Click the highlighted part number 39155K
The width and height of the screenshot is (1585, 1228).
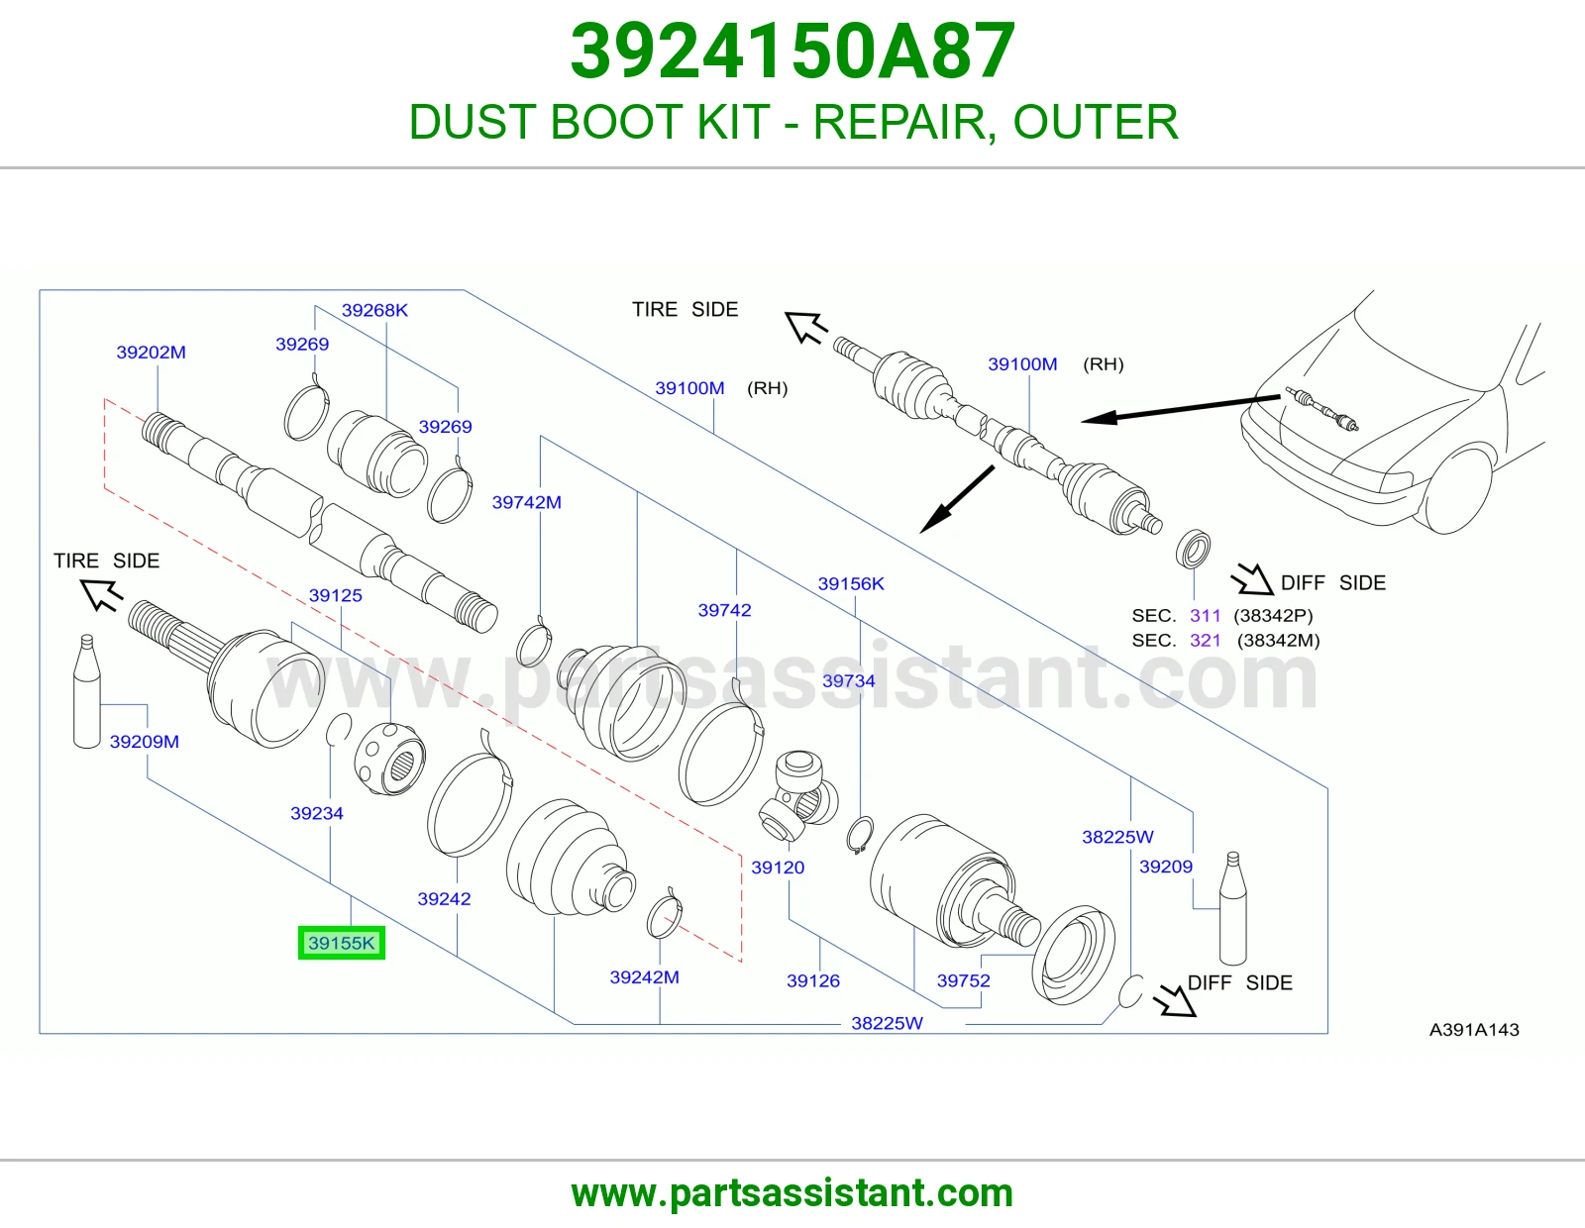coord(342,943)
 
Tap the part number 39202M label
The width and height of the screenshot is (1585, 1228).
coord(151,353)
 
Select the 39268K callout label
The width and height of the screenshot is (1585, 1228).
coord(374,310)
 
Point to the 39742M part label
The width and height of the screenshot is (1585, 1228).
coord(527,502)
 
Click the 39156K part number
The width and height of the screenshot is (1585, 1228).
coord(851,583)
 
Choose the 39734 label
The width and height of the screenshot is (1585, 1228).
coord(848,680)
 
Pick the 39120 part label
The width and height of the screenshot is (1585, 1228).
coord(778,868)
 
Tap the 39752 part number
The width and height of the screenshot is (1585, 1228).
coord(964,980)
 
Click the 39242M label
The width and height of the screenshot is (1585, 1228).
coord(644,977)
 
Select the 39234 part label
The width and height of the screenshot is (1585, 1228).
coord(317,813)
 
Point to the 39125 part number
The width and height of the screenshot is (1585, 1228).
coord(336,595)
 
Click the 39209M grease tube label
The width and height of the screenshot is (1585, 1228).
coord(145,742)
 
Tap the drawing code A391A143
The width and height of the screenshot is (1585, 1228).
coord(1474,1030)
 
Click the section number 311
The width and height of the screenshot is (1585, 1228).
coord(1205,615)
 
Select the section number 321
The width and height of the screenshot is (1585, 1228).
coord(1205,641)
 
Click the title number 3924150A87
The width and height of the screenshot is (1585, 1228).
coord(792,51)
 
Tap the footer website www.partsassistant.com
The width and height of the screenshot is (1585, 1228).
coord(792,1193)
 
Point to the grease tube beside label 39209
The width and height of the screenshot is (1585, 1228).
coord(1232,908)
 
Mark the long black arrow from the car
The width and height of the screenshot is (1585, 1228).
coord(1181,408)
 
